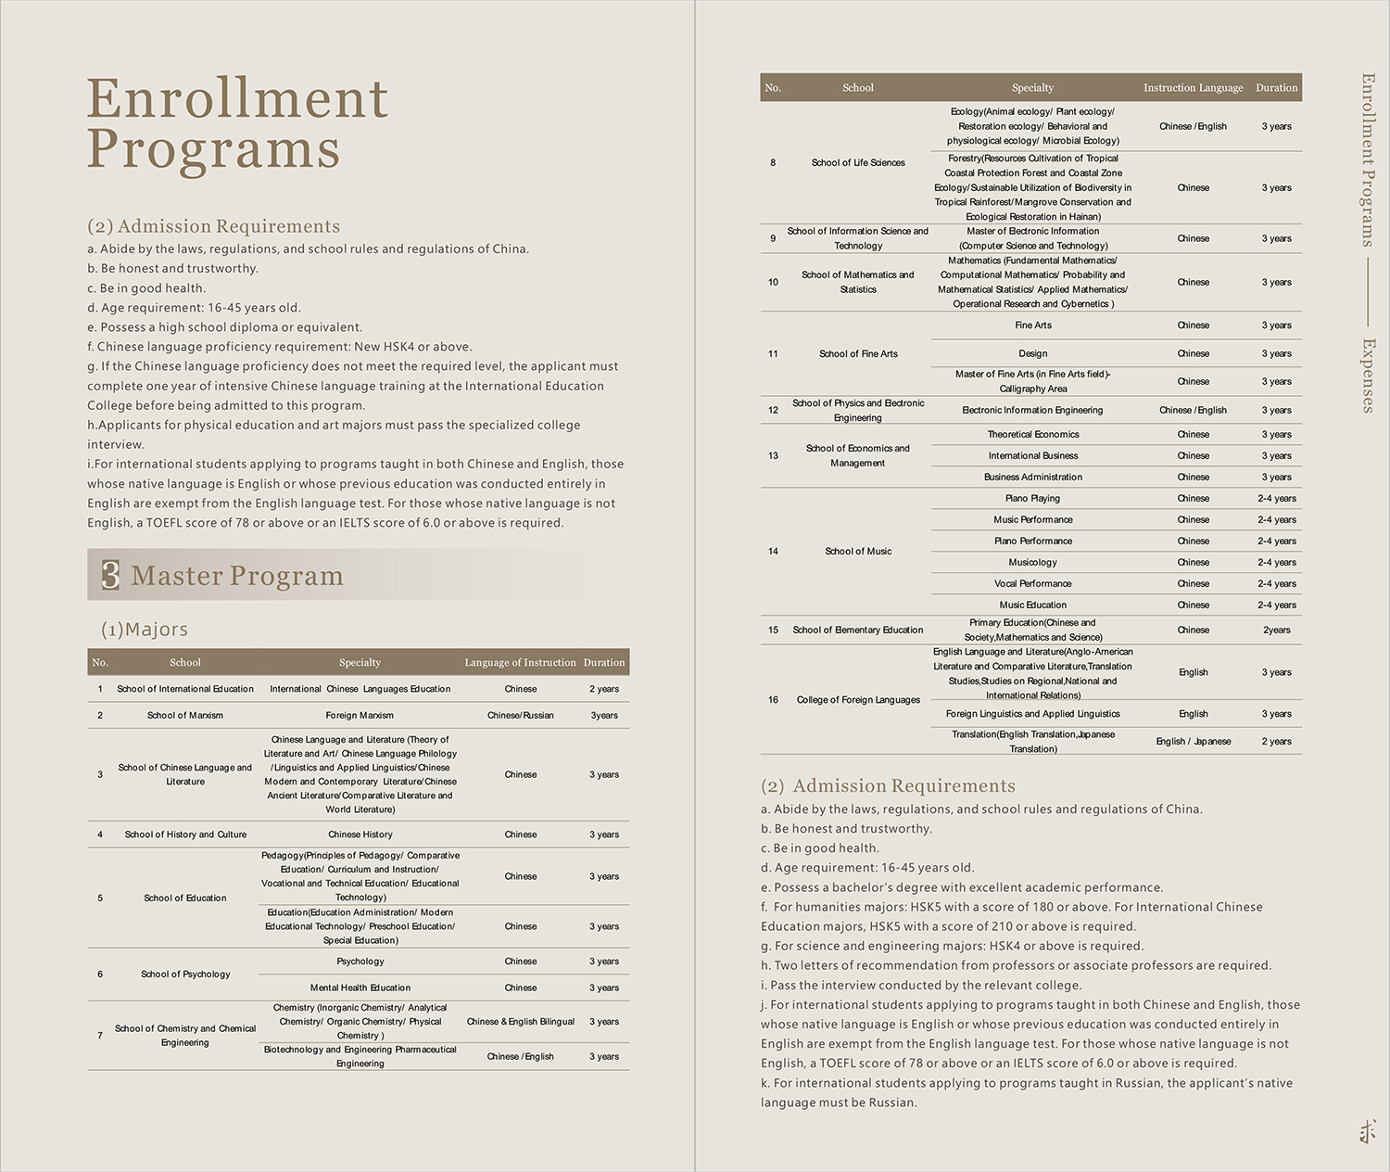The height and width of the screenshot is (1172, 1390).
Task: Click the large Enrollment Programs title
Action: click(237, 123)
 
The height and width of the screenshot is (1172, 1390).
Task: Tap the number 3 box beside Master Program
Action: click(110, 575)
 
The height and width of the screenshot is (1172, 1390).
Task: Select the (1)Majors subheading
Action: click(145, 630)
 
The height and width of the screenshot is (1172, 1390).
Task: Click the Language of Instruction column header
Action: click(520, 662)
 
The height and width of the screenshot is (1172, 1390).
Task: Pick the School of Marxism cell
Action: click(185, 715)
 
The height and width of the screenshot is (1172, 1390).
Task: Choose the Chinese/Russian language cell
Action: click(520, 715)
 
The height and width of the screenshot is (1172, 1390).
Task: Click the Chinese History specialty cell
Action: click(360, 834)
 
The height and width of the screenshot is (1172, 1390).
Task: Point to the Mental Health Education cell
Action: click(360, 987)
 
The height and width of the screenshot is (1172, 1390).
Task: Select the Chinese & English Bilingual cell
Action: click(520, 1022)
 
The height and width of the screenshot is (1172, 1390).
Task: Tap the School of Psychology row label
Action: click(185, 974)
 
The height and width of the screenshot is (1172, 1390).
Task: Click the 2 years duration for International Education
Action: click(604, 689)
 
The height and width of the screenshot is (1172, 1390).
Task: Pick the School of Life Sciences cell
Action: click(858, 162)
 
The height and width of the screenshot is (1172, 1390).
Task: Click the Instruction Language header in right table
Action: click(1193, 87)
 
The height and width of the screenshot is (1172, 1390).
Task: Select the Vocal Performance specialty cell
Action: click(1032, 583)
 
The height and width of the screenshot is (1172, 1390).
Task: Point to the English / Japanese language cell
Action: click(1193, 741)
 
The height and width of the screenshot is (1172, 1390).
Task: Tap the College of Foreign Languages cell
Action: click(858, 699)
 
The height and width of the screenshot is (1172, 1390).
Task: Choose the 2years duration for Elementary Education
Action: click(1276, 630)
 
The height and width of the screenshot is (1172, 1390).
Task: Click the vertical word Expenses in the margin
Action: click(1368, 375)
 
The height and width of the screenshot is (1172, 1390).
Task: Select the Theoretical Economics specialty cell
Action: click(1032, 434)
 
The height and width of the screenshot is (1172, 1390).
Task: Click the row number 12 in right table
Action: click(773, 410)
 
